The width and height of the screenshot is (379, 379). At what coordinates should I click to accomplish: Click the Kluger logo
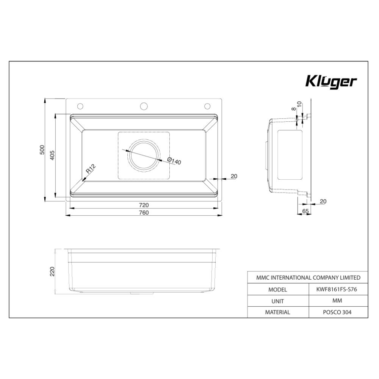point(331,82)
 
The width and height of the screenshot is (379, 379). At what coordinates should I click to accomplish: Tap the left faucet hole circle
point(80,105)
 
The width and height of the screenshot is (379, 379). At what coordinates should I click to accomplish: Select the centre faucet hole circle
point(144,105)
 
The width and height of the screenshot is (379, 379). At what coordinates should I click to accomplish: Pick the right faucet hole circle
point(207,105)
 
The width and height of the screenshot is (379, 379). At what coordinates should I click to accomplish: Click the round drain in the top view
point(144,155)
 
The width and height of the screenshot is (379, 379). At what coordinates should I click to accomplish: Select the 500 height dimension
point(42,150)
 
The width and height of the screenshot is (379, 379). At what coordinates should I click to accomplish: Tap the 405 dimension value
point(53,155)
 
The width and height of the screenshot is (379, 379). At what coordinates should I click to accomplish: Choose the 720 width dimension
point(144,205)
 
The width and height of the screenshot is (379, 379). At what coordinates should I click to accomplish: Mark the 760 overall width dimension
point(144,212)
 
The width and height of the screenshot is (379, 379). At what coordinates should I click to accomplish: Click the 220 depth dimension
point(53,271)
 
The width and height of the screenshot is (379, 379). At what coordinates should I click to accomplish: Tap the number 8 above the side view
point(293,109)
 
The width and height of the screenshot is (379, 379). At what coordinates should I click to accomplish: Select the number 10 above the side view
point(299,104)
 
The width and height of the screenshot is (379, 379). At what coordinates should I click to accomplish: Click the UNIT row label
point(278,301)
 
